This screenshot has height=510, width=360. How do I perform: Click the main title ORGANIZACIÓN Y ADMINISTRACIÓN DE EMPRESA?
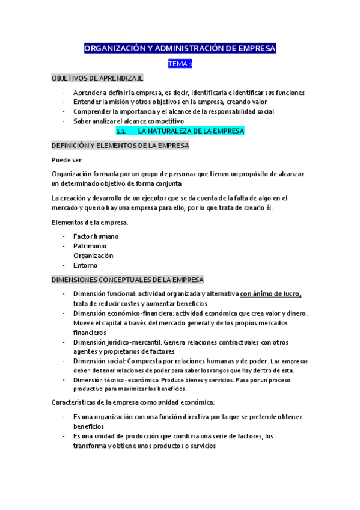[180, 48]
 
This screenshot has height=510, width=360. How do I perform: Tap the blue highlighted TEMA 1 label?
[180, 64]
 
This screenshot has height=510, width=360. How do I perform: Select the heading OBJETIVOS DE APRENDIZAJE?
[97, 78]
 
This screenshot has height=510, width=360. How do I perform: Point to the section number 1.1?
[120, 131]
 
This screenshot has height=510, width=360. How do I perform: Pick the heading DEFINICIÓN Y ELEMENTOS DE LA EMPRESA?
[120, 146]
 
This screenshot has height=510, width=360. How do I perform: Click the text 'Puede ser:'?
[67, 159]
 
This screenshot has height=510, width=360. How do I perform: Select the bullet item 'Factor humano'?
[96, 236]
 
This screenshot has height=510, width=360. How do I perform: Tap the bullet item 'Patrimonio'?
[90, 246]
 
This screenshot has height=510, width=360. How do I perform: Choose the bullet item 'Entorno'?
[85, 265]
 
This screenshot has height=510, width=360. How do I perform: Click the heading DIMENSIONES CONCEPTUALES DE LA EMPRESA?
[127, 280]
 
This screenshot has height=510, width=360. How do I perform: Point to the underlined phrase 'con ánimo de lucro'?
[270, 294]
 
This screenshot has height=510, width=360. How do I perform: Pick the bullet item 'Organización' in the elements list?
[93, 256]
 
